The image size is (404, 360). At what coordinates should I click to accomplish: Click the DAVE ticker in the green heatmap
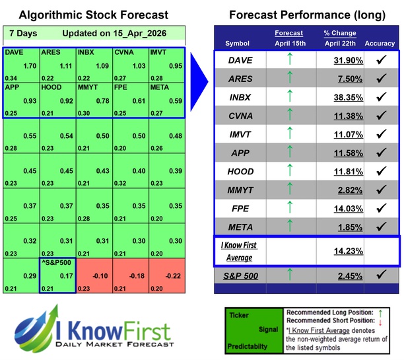pyautogui.click(x=13, y=52)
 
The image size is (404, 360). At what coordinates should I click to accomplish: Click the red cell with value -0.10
pyautogui.click(x=94, y=275)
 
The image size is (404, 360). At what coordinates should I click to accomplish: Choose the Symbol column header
pyautogui.click(x=238, y=44)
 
